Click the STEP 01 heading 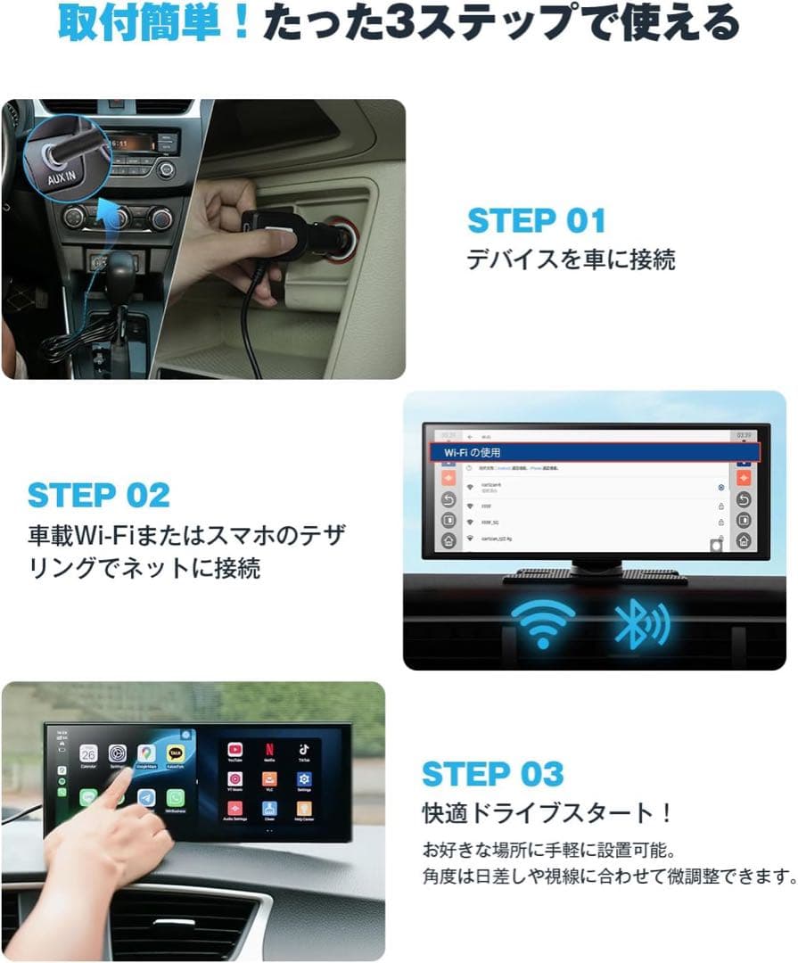[536, 220]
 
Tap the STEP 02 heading [98, 495]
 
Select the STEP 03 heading [492, 774]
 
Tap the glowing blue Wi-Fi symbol [541, 621]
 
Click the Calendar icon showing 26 [87, 753]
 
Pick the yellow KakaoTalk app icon [176, 754]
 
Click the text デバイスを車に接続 [571, 259]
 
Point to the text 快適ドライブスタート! [547, 813]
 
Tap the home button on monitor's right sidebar [742, 540]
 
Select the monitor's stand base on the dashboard [596, 575]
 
